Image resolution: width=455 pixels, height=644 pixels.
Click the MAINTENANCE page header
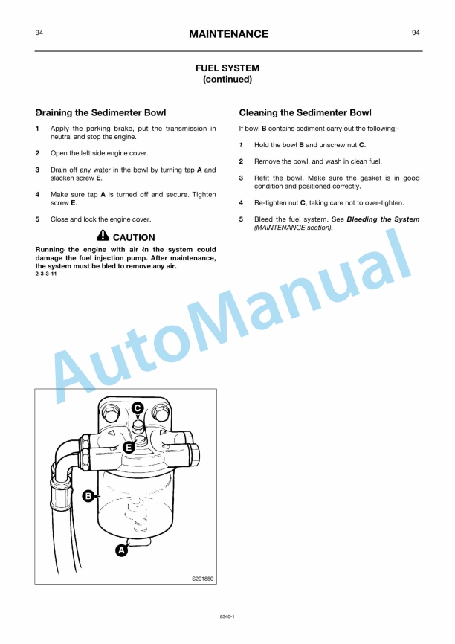tap(227, 34)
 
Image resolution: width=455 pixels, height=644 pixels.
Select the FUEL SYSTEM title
tap(227, 68)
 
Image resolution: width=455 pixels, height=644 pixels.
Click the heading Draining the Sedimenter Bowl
tap(101, 113)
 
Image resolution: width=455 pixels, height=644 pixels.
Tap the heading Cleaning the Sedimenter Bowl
tap(305, 113)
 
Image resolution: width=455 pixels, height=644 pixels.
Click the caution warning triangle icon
tap(103, 236)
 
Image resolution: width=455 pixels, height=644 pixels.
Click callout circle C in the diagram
tap(138, 408)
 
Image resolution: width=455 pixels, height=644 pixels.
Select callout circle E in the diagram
tap(128, 447)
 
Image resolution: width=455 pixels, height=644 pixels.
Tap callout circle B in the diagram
tap(88, 495)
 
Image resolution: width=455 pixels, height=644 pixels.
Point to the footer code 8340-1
tap(227, 616)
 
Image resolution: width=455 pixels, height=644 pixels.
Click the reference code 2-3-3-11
tap(46, 274)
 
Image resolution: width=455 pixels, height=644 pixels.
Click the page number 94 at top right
tap(415, 33)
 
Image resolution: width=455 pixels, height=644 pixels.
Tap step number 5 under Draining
tap(37, 219)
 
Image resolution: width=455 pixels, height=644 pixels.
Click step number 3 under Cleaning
tap(241, 178)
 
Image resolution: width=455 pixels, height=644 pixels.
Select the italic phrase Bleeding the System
tap(383, 219)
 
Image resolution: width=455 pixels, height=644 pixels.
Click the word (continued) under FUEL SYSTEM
tap(227, 79)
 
